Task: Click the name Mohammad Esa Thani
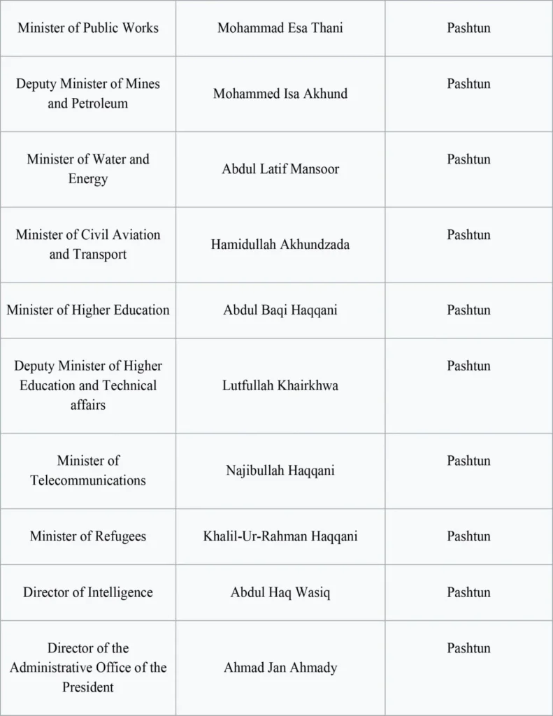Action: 280,29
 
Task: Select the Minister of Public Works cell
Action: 88,29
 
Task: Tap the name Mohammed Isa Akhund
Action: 280,94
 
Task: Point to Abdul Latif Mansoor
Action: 280,169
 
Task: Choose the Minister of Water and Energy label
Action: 88,169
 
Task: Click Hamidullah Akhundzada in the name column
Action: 280,245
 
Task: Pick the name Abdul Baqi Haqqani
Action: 280,310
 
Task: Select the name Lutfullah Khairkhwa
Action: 280,385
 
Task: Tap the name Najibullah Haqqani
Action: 280,471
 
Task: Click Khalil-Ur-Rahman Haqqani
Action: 280,536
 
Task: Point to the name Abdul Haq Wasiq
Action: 280,592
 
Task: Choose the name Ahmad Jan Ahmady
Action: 280,668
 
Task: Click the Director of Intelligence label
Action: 88,592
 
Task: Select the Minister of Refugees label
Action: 88,536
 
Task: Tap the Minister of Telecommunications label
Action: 88,471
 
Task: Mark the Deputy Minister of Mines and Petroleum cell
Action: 88,94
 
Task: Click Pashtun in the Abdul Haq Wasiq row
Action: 468,592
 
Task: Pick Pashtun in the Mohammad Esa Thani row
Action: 468,29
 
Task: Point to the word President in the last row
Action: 88,687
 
